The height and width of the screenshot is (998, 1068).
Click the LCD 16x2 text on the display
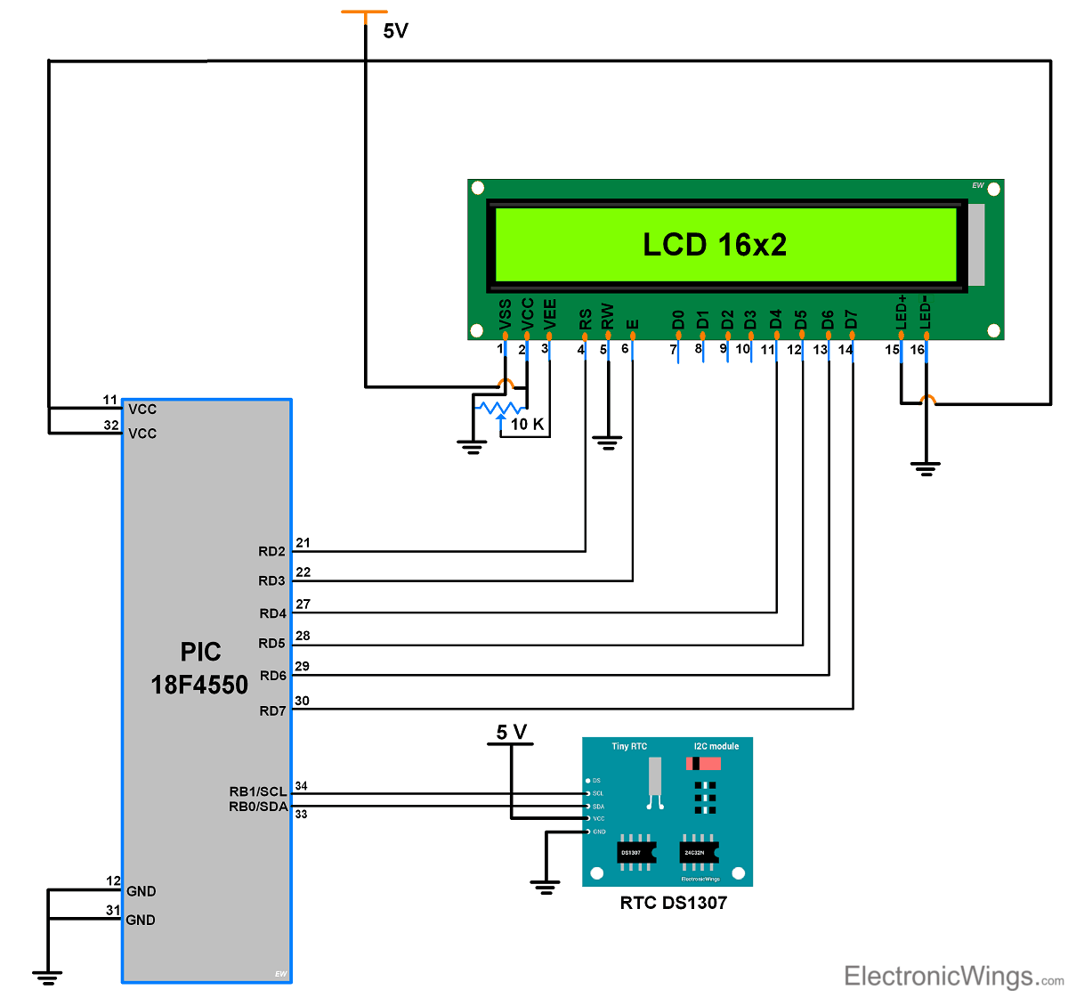click(715, 245)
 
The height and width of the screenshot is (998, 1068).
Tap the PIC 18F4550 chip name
click(199, 669)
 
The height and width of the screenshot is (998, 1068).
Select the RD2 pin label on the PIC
click(271, 552)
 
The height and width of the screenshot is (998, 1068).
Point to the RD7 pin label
click(272, 710)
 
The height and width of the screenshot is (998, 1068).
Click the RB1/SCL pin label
click(258, 791)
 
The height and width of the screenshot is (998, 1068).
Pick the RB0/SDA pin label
click(258, 807)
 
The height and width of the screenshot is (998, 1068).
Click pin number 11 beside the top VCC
click(110, 400)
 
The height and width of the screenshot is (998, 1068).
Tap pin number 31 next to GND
click(113, 910)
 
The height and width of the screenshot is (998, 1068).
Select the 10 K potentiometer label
click(527, 425)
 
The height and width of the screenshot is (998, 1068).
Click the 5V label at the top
click(395, 31)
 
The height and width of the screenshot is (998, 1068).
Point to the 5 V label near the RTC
click(512, 732)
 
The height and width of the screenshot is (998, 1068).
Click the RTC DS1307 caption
click(673, 903)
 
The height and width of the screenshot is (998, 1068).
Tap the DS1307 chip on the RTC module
click(635, 853)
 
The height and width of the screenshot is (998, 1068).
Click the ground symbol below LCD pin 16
click(926, 468)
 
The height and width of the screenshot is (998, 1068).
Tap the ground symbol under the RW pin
click(608, 442)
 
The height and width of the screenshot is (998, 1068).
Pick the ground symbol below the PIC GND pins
click(48, 978)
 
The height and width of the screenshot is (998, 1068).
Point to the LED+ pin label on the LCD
click(901, 312)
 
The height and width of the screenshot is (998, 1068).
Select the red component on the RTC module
click(703, 764)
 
